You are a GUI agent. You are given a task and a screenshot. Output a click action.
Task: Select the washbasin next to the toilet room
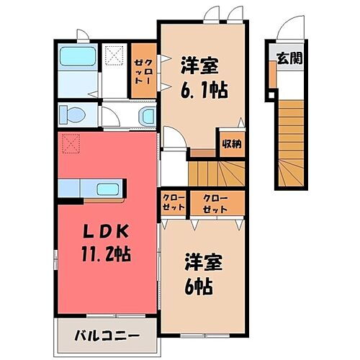point(146,116)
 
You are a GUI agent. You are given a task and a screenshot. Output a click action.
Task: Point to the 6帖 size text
point(199,286)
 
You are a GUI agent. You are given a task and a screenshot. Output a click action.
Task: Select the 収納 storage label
point(230,143)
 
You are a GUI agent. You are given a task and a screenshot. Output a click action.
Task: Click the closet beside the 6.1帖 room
point(141,70)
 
